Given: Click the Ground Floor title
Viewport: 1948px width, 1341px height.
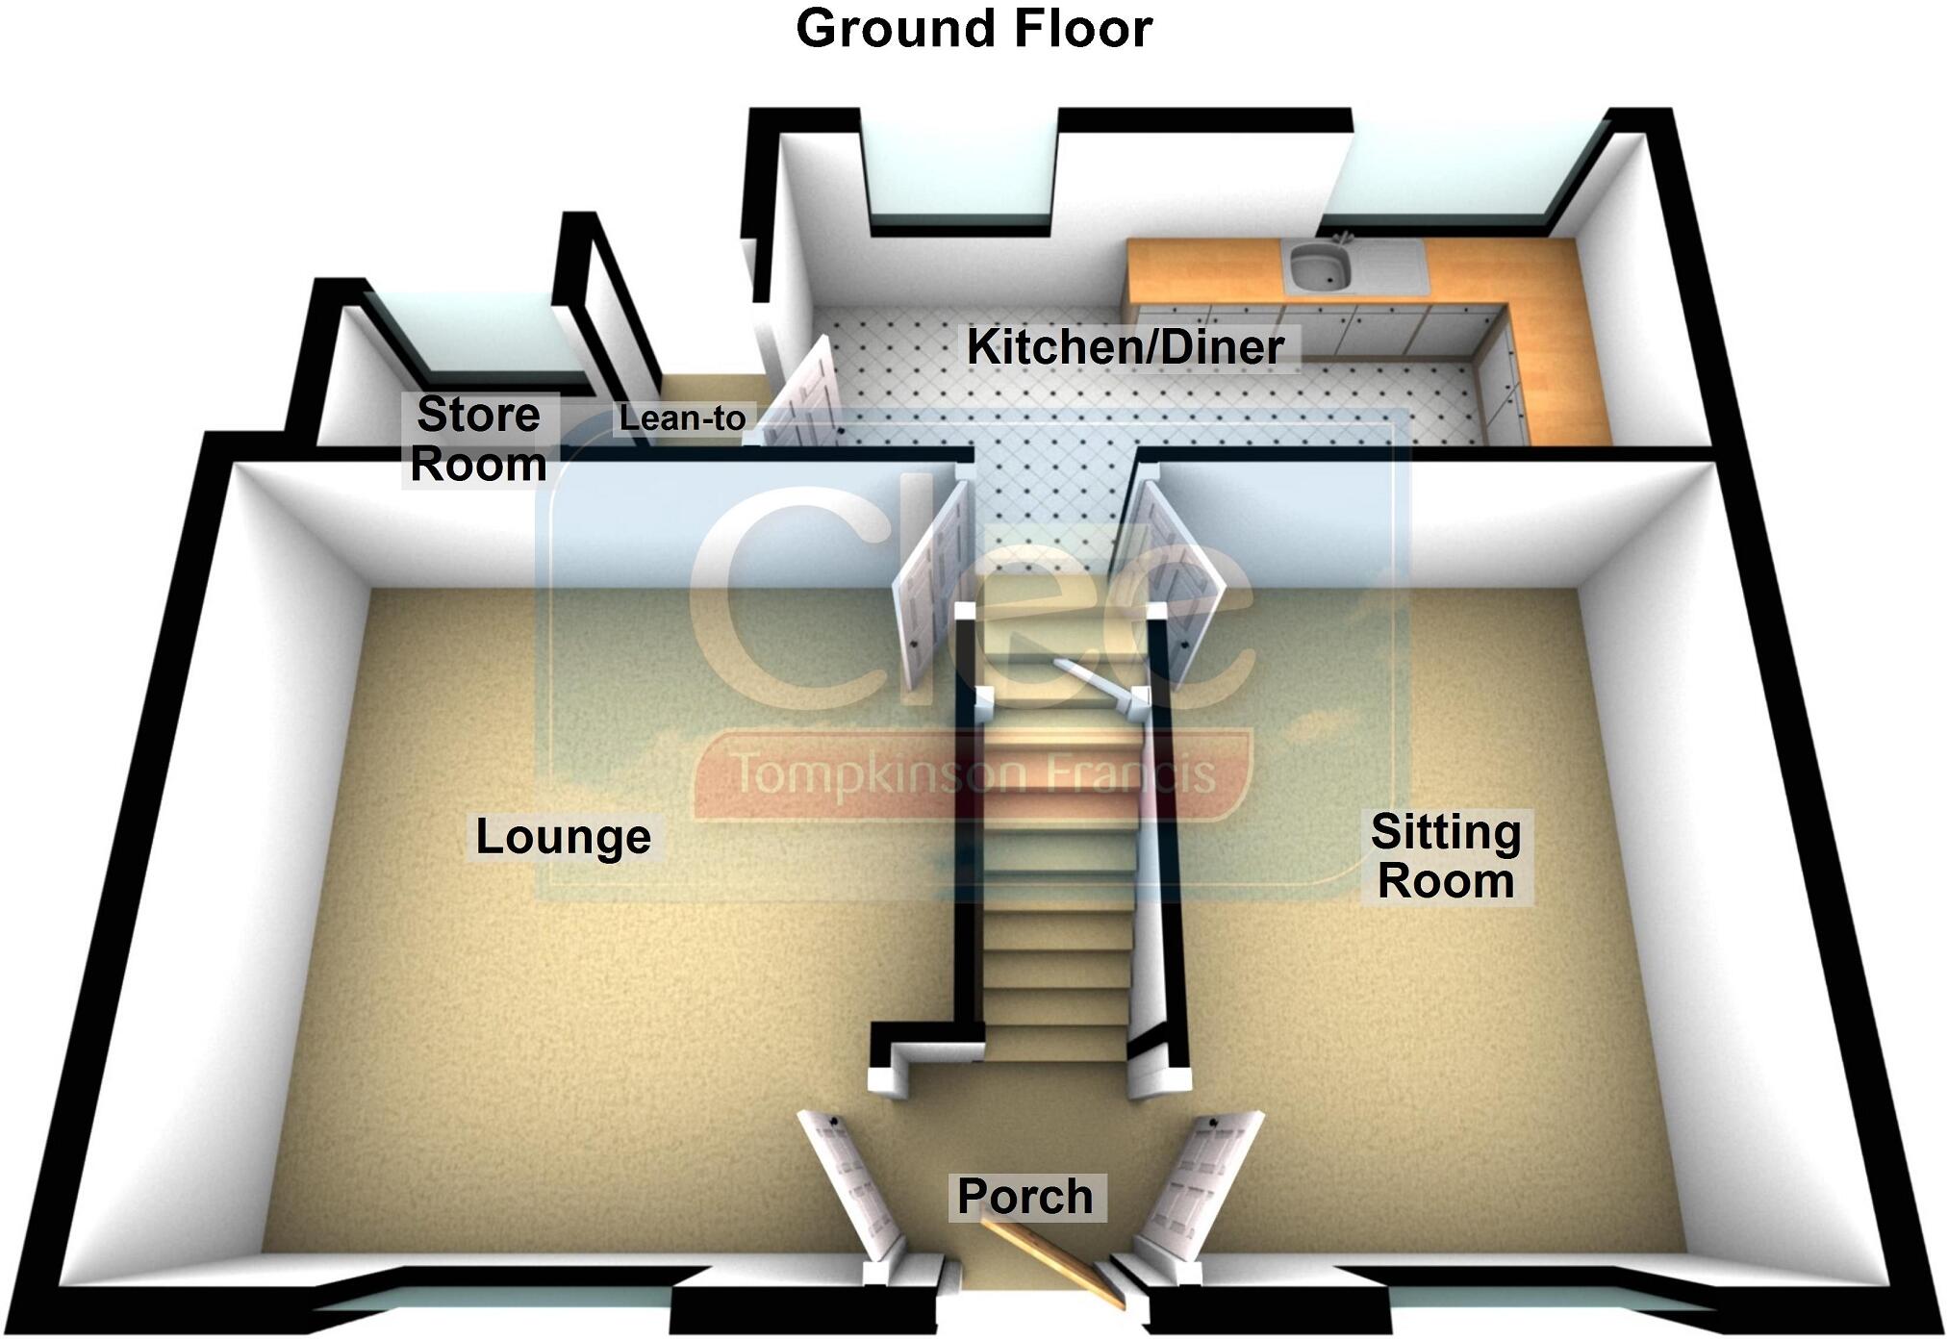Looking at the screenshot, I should point(974,29).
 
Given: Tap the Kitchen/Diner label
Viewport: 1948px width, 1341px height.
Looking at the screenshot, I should point(1125,347).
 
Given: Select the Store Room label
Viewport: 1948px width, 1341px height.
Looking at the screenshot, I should point(478,440).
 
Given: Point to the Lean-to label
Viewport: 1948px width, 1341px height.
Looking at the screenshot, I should point(682,418).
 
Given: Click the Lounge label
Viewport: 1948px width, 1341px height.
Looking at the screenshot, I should point(564,836).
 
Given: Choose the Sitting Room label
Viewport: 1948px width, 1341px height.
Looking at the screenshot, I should point(1446,856).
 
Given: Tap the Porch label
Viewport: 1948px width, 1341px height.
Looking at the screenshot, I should point(1025,1197).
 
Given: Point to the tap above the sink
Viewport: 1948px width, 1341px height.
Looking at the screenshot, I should point(1343,235).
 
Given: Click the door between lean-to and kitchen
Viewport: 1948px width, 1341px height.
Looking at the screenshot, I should point(802,394).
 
